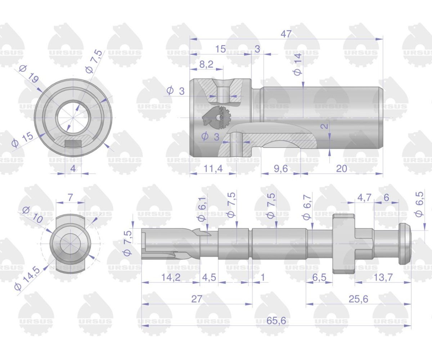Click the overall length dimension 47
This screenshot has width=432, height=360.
point(286,34)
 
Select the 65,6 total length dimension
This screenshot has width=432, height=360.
point(277,321)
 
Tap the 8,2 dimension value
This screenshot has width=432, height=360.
point(206,64)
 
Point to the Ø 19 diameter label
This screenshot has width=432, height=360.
point(29,73)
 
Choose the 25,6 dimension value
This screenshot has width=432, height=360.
point(358,299)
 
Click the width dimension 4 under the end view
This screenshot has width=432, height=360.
point(73,168)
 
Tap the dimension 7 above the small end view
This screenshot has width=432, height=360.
point(70,197)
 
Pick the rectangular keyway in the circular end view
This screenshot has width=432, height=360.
point(73,143)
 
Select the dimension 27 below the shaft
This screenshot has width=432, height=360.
point(197,299)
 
